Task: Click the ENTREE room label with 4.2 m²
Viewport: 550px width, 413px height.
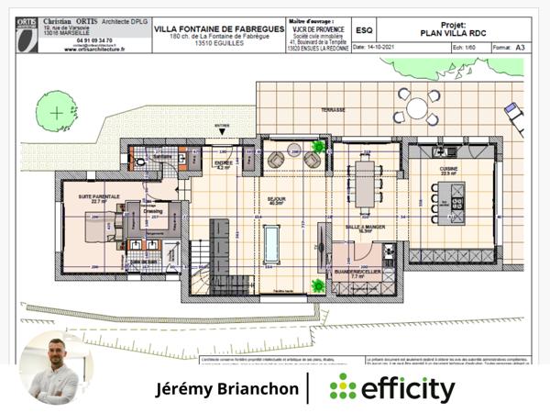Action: tap(223, 165)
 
